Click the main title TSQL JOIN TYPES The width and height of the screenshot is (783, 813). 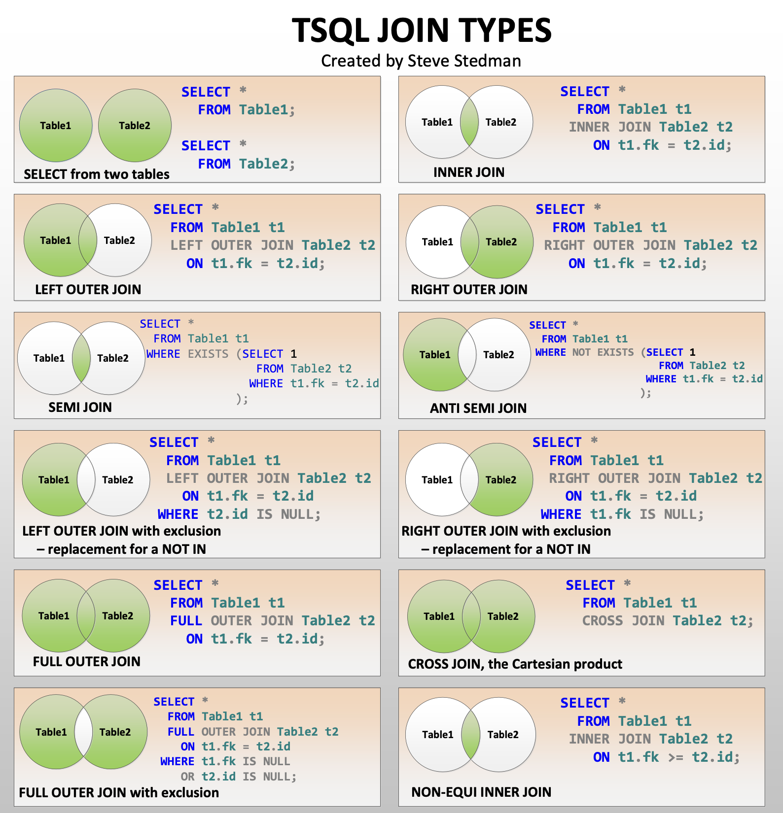point(422,31)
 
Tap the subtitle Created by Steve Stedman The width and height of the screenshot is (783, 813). point(421,61)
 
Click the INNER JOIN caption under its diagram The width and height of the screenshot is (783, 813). point(468,172)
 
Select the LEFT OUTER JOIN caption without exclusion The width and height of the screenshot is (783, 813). point(88,289)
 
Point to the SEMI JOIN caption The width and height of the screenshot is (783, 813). point(80,407)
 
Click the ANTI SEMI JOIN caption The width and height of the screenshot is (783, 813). point(478,408)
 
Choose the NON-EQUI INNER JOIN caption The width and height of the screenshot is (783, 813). point(481,792)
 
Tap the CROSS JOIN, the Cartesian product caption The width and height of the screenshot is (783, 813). point(515,664)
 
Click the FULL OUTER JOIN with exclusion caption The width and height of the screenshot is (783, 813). point(119,792)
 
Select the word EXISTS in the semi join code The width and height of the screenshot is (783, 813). point(208,354)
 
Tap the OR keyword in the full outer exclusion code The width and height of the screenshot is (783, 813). point(187,777)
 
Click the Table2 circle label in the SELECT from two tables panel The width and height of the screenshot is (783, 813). point(135,126)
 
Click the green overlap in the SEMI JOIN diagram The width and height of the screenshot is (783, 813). point(81,358)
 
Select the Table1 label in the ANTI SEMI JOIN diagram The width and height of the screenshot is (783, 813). point(434,355)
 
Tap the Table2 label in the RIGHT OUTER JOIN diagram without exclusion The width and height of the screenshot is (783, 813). point(501,242)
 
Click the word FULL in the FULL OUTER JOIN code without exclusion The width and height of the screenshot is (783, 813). point(186,621)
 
